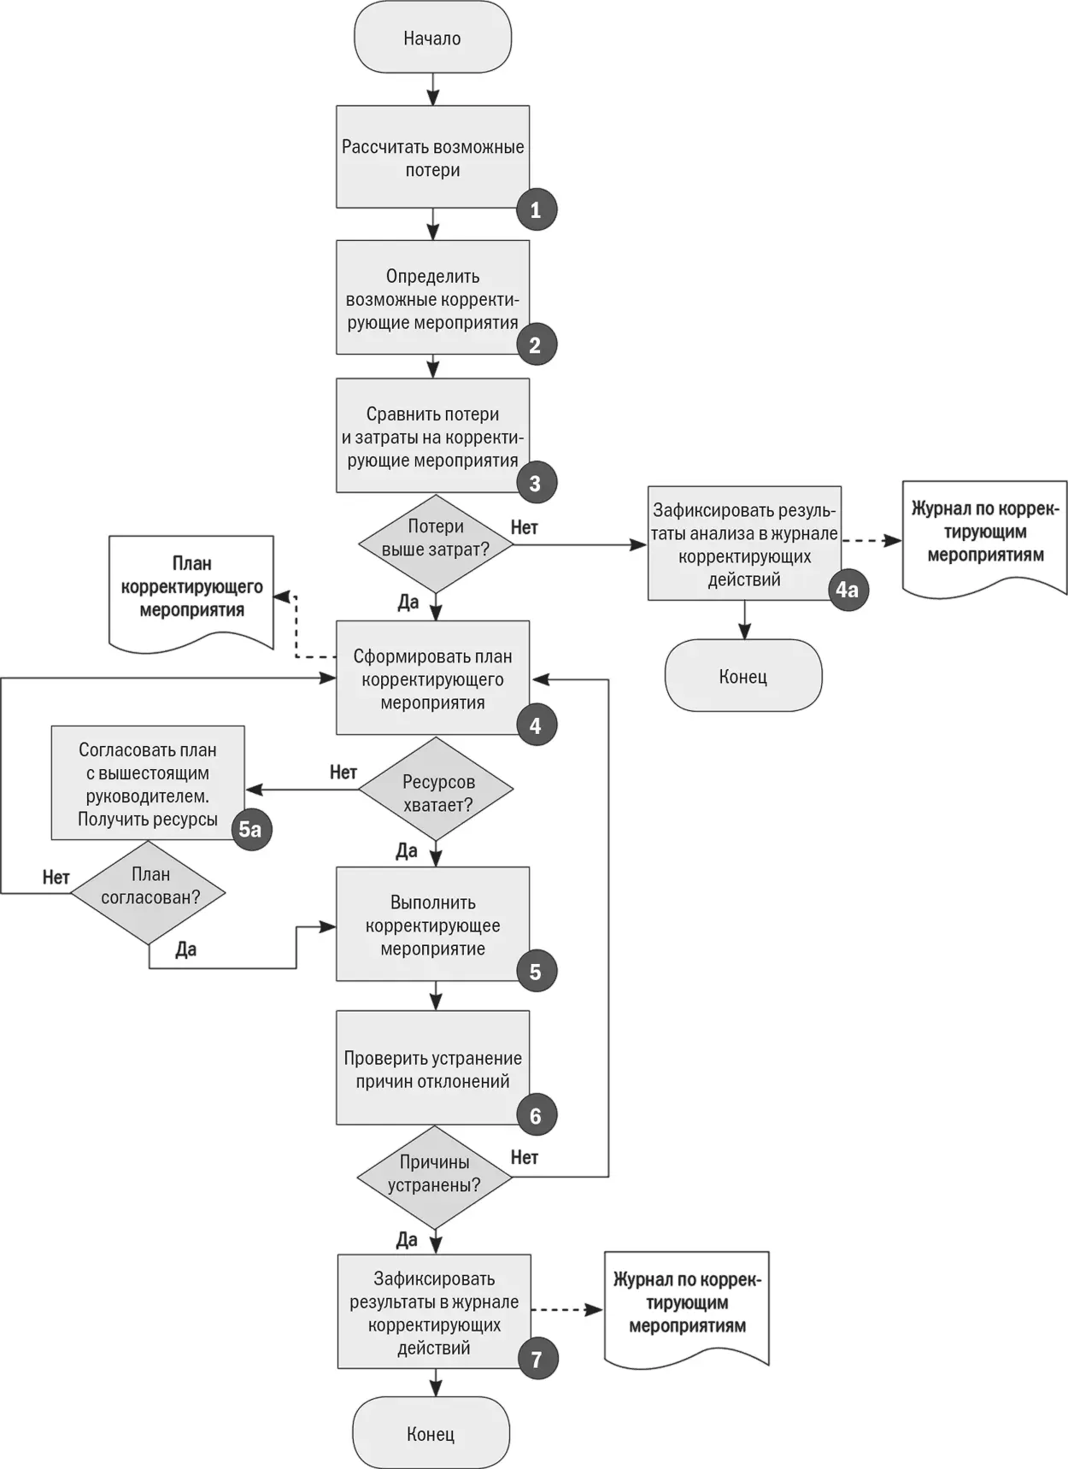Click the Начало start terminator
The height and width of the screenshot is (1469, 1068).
(432, 38)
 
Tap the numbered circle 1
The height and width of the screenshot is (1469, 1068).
(536, 209)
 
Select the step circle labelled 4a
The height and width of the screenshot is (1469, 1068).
(847, 590)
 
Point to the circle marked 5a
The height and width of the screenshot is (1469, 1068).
(250, 829)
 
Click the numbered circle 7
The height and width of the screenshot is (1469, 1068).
(537, 1359)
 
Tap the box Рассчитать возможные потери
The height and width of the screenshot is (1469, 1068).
(432, 157)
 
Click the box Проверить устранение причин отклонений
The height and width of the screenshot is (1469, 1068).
(432, 1067)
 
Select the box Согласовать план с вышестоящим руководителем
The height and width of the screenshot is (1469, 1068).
(148, 782)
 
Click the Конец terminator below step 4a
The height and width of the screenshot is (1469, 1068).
(743, 676)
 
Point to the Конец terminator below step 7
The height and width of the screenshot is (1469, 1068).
(431, 1433)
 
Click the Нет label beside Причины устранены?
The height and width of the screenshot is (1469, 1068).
(525, 1157)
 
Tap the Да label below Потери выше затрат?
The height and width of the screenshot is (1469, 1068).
(408, 602)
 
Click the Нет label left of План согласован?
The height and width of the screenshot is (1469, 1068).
(56, 878)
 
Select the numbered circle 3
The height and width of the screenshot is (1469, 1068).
(536, 483)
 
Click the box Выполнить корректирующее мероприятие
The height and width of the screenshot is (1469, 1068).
(432, 924)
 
